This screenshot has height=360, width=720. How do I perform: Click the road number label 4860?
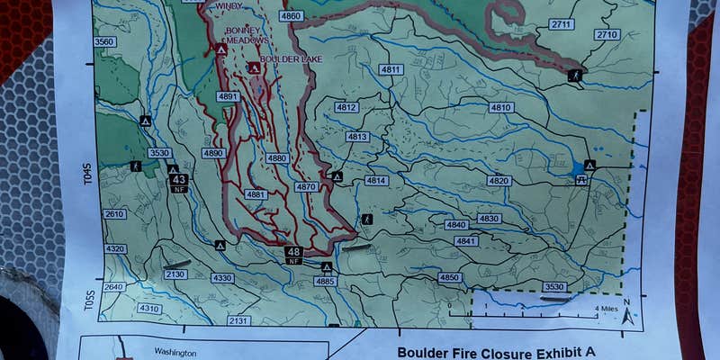(x=290, y=16)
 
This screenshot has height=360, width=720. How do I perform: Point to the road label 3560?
(x=104, y=42)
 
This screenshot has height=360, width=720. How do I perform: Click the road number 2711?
(x=562, y=24)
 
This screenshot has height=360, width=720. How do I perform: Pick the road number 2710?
(x=607, y=34)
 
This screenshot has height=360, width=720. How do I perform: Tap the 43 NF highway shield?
(x=178, y=181)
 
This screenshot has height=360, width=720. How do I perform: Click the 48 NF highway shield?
(x=293, y=254)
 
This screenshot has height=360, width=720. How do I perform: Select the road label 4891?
(x=228, y=96)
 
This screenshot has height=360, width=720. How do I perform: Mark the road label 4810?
(x=501, y=107)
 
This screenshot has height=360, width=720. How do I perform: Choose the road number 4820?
(x=499, y=181)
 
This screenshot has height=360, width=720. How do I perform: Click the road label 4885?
(x=326, y=282)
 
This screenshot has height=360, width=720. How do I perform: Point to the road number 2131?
(x=238, y=320)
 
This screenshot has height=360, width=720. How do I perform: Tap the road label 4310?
(x=149, y=309)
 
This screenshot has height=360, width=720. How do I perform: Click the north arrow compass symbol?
(x=628, y=311)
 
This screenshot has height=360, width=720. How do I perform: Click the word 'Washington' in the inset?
(x=175, y=352)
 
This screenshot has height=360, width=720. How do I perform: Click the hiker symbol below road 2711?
(x=574, y=76)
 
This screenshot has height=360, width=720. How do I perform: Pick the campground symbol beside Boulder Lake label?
(x=255, y=67)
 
